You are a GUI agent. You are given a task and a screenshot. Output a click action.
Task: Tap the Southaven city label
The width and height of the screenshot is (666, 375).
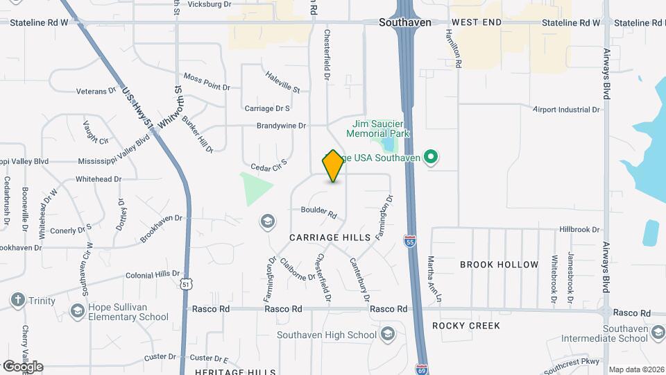[x=404, y=22]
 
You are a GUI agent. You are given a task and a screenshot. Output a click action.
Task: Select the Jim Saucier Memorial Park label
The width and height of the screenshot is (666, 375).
[x=378, y=128]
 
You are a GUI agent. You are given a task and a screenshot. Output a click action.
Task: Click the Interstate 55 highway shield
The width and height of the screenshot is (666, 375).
[x=410, y=242]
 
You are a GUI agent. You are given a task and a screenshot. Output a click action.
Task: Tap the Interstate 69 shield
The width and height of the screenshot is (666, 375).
[x=421, y=368]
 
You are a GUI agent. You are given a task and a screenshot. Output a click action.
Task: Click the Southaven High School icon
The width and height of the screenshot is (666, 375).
[x=387, y=335]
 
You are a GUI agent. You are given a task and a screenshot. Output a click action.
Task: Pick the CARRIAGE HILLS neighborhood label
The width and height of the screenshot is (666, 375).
[x=330, y=237]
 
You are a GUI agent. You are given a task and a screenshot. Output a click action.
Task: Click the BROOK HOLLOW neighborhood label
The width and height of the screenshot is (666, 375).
[x=499, y=265]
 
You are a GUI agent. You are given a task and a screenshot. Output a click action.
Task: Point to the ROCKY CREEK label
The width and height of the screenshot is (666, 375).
[x=466, y=325]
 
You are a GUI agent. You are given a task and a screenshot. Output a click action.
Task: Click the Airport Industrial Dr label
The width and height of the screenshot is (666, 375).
[x=565, y=110]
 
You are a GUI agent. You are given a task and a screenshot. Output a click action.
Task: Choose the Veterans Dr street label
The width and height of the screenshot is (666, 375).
[x=96, y=91]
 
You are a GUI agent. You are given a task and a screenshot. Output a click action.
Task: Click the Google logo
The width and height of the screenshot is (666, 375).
[x=23, y=366]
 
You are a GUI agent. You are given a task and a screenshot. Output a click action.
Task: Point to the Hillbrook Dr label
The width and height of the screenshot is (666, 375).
[x=579, y=229]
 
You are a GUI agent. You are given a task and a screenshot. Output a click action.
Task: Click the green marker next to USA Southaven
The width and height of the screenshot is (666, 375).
[x=431, y=158]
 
